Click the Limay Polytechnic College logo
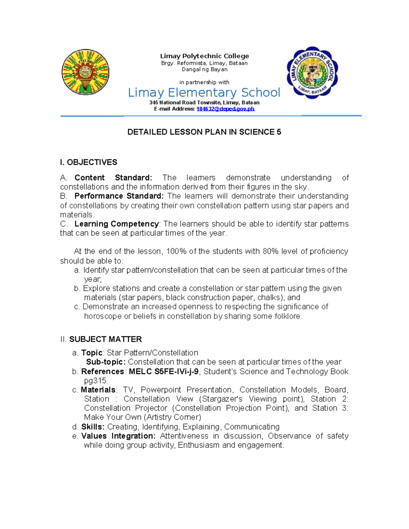85,72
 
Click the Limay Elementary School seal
312,73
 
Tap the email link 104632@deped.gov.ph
225,109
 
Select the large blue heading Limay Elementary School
204,92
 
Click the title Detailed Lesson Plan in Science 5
204,132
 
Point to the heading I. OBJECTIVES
89,162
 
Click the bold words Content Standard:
113,178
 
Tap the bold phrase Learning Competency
117,224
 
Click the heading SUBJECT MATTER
105,339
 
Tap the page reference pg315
95,381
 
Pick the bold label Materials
98,390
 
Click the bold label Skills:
93,427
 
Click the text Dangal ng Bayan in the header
204,69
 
